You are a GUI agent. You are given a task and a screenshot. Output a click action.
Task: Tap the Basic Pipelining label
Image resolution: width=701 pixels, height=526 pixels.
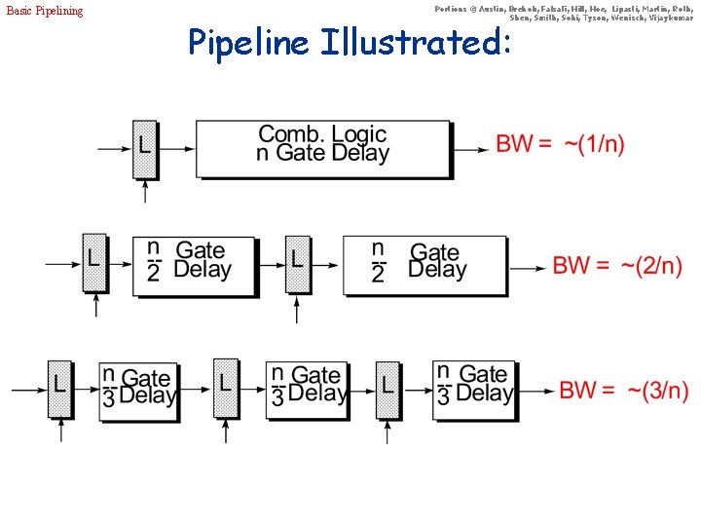[45, 11]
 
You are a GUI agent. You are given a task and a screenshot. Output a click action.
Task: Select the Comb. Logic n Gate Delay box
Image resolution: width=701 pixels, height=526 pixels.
[323, 147]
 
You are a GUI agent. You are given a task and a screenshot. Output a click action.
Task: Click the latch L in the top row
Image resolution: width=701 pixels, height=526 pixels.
[144, 148]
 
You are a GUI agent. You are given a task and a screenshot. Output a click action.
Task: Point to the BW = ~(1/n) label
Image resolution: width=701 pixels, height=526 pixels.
[560, 144]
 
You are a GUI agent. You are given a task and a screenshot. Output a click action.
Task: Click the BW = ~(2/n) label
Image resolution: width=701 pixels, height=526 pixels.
[617, 265]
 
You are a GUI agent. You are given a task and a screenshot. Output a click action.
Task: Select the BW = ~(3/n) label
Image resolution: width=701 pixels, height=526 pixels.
[623, 391]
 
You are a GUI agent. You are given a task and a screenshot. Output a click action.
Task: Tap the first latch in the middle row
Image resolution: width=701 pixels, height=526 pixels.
[94, 262]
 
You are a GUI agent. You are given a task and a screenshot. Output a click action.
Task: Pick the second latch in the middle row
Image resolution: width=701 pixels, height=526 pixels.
[297, 262]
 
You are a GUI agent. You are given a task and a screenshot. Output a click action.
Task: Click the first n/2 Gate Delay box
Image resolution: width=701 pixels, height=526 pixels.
[194, 264]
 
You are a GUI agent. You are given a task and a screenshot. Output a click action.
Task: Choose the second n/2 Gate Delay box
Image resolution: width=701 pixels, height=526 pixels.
[424, 264]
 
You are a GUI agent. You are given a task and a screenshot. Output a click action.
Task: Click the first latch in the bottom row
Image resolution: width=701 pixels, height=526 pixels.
[59, 388]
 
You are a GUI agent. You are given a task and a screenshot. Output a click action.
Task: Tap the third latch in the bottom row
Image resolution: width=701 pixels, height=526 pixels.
[387, 388]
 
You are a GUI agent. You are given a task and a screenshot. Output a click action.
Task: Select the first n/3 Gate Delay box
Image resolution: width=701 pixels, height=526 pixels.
[138, 390]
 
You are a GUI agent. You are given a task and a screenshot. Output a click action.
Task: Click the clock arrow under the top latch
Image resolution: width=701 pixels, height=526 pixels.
[145, 192]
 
